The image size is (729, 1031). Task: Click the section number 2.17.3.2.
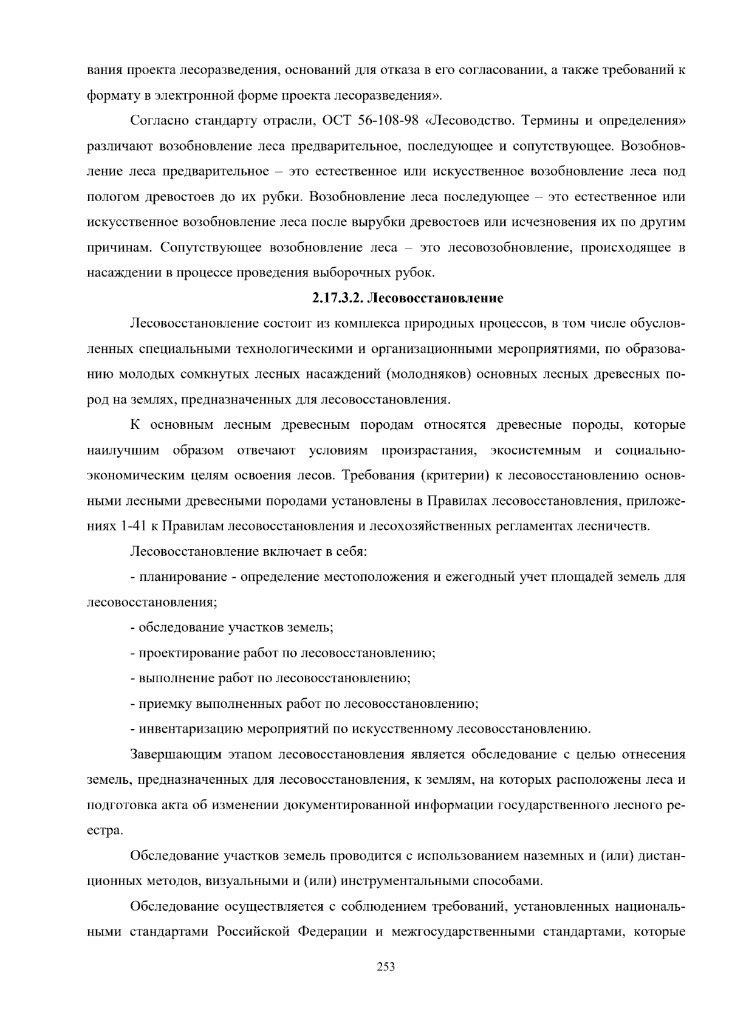[x=338, y=298]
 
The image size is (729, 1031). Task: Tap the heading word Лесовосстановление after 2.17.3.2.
[x=436, y=298]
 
